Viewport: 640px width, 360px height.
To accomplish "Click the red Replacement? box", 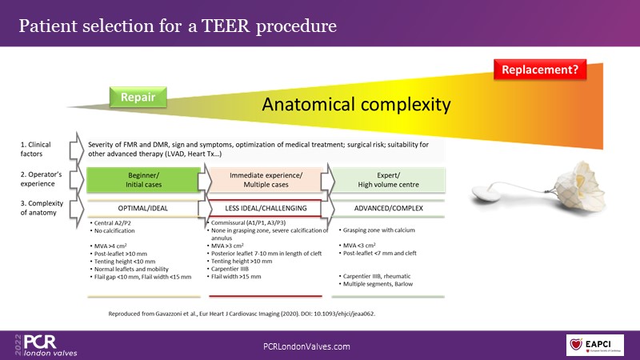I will pyautogui.click(x=540, y=70).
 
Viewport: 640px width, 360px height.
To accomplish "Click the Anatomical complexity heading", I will pyautogui.click(x=357, y=104).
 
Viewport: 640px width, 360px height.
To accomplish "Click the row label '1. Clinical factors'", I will pyautogui.click(x=35, y=148).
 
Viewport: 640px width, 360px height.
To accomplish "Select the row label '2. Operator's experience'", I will pyautogui.click(x=40, y=178).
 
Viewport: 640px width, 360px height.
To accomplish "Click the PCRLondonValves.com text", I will pyautogui.click(x=307, y=346).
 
